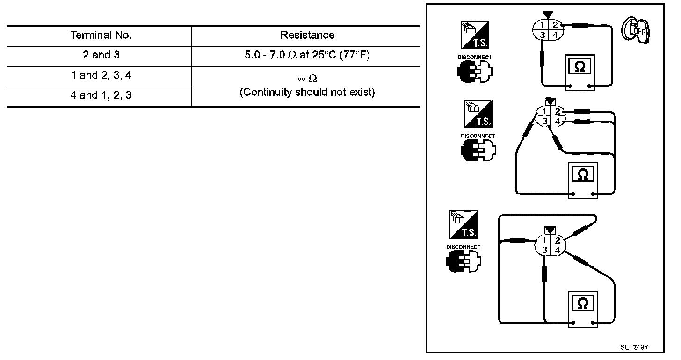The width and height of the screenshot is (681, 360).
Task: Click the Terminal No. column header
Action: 101,35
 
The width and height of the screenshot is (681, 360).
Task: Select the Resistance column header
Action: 307,35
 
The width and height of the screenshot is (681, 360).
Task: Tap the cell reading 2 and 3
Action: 101,55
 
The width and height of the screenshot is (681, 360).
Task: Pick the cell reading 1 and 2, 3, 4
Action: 101,75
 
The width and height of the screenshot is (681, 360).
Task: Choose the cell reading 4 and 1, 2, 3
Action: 101,95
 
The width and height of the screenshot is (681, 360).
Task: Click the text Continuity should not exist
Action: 307,93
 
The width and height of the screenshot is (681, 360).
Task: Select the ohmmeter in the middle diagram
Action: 583,180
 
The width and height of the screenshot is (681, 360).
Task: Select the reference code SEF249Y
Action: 635,347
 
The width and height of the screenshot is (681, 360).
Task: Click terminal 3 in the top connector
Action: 542,35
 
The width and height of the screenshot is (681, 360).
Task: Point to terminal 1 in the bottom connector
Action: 544,240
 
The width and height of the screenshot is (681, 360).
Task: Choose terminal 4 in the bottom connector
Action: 557,251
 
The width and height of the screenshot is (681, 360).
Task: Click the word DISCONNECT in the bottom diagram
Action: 463,247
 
